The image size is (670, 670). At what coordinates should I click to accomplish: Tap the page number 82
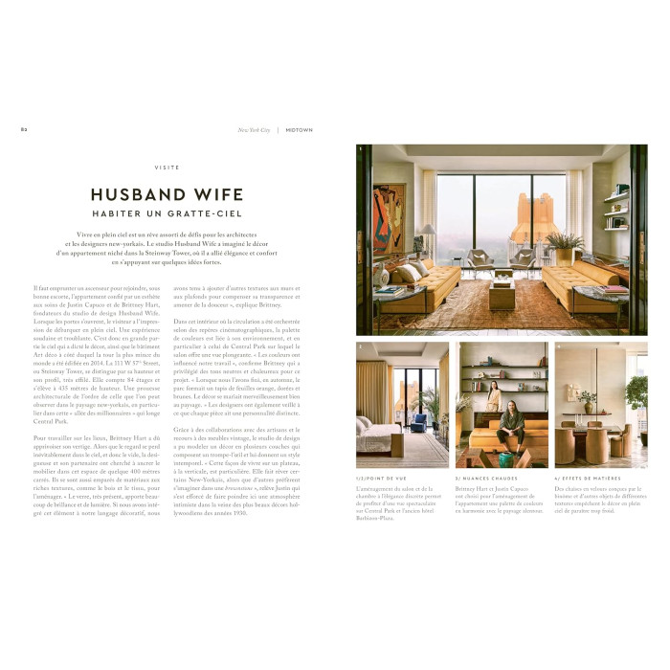24,129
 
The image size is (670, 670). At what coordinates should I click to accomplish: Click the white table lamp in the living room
429,233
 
